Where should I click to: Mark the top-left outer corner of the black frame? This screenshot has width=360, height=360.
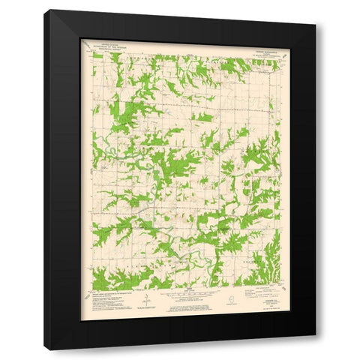[45, 10]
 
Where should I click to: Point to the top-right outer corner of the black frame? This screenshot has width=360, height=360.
[316, 25]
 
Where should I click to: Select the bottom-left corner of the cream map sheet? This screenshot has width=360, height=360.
[81, 319]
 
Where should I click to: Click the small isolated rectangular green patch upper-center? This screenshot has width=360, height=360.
[202, 118]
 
